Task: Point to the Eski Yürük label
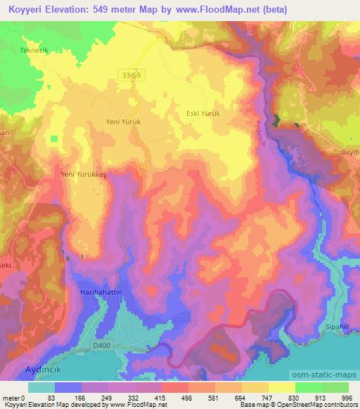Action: pyautogui.click(x=203, y=113)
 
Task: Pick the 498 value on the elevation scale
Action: pyautogui.click(x=186, y=397)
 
